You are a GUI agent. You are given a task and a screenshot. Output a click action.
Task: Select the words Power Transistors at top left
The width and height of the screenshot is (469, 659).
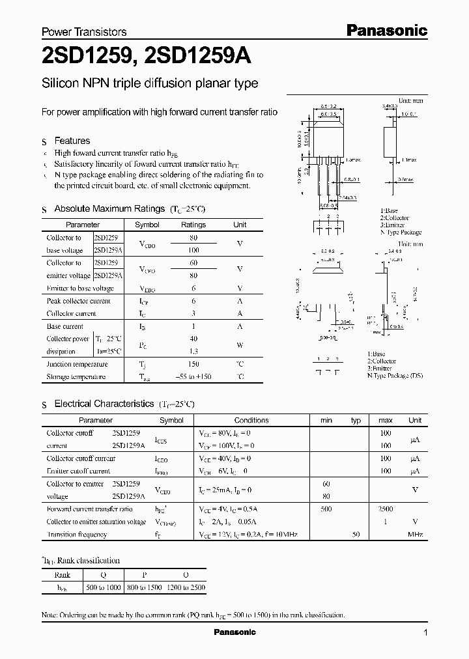pos(84,32)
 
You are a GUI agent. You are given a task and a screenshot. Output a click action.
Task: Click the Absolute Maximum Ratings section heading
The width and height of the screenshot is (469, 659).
pos(109,208)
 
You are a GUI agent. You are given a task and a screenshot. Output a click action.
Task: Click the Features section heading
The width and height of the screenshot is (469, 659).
pos(72,141)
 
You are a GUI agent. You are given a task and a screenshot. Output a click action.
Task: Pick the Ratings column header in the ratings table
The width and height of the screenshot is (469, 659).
pos(193,225)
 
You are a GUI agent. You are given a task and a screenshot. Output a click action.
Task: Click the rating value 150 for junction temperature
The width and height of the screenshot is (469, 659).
pos(193,364)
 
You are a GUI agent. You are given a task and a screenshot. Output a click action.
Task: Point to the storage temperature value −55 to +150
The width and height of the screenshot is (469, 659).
pos(193,377)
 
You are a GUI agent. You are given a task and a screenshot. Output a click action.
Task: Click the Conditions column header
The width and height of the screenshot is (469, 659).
pos(251,420)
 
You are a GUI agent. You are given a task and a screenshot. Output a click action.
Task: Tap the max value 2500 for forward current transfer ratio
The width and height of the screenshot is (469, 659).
pos(385,509)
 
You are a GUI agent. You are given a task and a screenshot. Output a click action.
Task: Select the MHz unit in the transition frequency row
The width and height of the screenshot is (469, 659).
pos(415,535)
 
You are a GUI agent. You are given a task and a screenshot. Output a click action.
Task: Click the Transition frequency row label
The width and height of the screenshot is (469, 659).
pos(76,535)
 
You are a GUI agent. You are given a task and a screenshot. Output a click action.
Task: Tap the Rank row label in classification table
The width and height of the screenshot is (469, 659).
pos(63,575)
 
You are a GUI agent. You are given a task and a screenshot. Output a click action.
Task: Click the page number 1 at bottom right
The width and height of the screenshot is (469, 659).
pos(425,632)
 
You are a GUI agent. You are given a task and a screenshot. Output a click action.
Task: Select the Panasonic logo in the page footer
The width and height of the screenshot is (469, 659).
pos(234,632)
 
